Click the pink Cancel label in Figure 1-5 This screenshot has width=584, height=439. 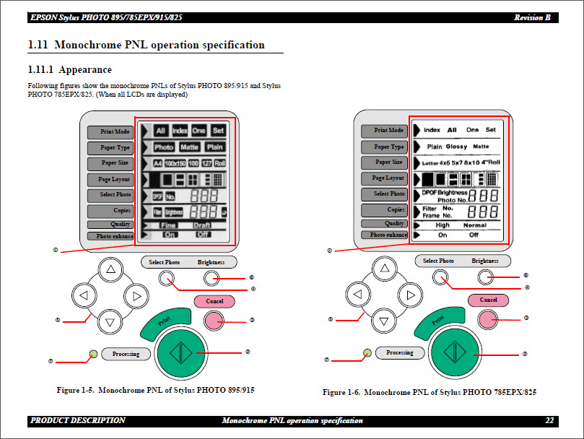pyautogui.click(x=214, y=301)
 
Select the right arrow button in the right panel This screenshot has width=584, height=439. pyautogui.click(x=409, y=295)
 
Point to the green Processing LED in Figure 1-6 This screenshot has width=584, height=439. pyautogui.click(x=367, y=352)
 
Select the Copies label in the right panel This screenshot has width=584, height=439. pyautogui.click(x=384, y=210)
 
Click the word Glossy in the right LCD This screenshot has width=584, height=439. pyautogui.click(x=456, y=146)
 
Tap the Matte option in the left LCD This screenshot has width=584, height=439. pyautogui.click(x=189, y=147)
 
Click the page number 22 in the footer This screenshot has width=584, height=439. pyautogui.click(x=549, y=420)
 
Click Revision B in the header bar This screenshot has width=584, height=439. pyautogui.click(x=532, y=17)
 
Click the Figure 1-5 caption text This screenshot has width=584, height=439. pyautogui.click(x=155, y=390)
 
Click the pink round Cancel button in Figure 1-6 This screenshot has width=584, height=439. pyautogui.click(x=489, y=318)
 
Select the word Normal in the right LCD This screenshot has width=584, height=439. pyautogui.click(x=474, y=225)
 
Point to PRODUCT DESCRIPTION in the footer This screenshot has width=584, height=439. pyautogui.click(x=77, y=420)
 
